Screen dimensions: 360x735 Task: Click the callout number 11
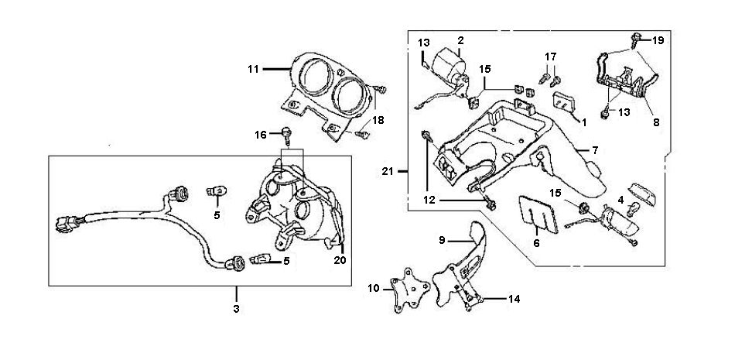pos(252,69)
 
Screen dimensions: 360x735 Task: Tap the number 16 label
pos(261,135)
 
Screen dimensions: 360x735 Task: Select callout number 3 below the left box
pos(237,309)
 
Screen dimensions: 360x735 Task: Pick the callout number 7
pos(595,149)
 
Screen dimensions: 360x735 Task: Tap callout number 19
pos(658,39)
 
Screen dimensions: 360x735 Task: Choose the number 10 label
pos(374,289)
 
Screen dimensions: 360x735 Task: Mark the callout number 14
pos(513,297)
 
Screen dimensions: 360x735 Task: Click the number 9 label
pos(442,240)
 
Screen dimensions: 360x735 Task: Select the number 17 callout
pos(550,57)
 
